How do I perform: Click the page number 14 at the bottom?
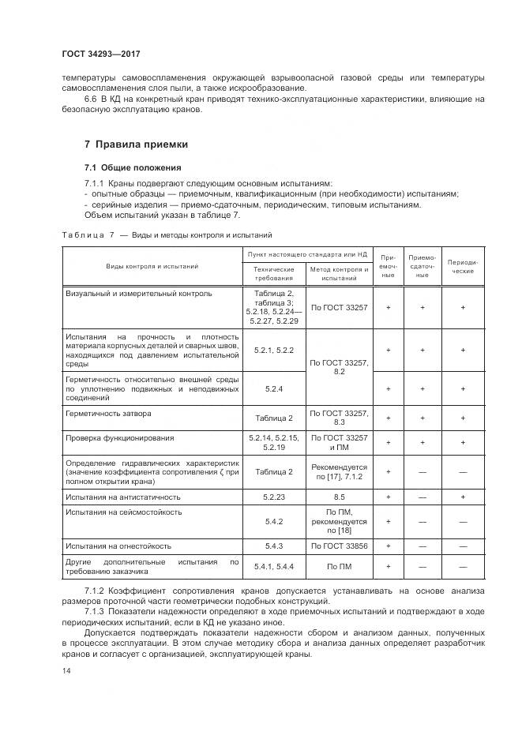pyautogui.click(x=66, y=670)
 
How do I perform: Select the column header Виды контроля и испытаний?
pyautogui.click(x=152, y=266)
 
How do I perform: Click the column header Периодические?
pyautogui.click(x=462, y=266)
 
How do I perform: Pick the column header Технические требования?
pyautogui.click(x=273, y=273)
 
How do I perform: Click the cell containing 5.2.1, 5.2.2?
pyautogui.click(x=273, y=350)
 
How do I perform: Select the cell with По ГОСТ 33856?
pyautogui.click(x=340, y=546)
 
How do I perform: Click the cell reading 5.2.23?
pyautogui.click(x=273, y=497)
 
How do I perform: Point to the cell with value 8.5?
pyautogui.click(x=340, y=497)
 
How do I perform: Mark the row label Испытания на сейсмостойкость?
pyautogui.click(x=124, y=512)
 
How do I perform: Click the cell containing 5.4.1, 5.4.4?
pyautogui.click(x=273, y=567)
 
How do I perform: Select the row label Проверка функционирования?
pyautogui.click(x=120, y=437)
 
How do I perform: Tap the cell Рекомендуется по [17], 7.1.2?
pyautogui.click(x=340, y=471)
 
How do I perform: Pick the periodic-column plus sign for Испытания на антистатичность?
pyautogui.click(x=462, y=497)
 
